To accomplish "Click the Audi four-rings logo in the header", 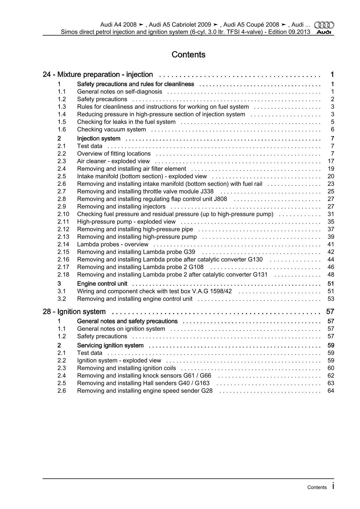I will coord(324,25).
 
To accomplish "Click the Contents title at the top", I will coord(188,55).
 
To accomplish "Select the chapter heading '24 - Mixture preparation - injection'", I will coord(98,75).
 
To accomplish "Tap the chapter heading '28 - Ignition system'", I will coord(74,312).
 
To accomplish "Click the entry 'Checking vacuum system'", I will coord(111,130).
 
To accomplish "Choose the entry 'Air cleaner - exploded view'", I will coord(114,161).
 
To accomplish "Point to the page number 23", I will coord(331,184).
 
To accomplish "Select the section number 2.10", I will coord(63,214).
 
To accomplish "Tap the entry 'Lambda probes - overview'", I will coord(113,244).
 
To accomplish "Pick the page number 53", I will coord(331,299).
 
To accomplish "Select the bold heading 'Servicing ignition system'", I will coord(110,346).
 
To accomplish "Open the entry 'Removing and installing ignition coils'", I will coord(127,368).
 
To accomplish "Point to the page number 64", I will coord(331,391).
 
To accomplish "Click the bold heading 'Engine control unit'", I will coord(102,284).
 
